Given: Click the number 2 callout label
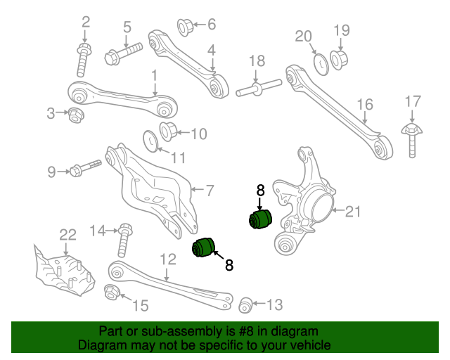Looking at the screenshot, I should [86, 22].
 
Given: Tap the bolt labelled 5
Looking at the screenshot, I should [123, 53].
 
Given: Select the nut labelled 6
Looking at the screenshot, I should [185, 27].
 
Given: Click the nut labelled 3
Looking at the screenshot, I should [75, 113].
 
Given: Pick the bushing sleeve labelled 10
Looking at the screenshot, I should [169, 131].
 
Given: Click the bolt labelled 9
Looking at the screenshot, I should [85, 169].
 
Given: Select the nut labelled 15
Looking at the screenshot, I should [111, 292].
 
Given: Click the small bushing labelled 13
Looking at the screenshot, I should [245, 304].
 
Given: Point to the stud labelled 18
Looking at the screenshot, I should [259, 89].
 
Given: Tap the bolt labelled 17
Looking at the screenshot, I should [411, 139].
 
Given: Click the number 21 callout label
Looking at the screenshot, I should [352, 210].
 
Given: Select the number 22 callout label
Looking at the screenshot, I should [67, 234].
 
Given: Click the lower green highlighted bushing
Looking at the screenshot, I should [205, 247].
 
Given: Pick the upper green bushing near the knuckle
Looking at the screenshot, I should [259, 218].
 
